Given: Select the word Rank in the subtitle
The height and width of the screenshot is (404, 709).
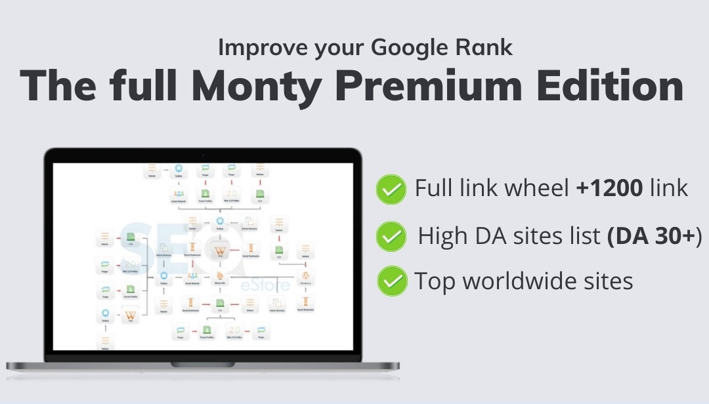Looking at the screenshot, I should [x=488, y=48].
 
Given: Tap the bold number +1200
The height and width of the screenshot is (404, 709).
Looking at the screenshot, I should [x=609, y=189].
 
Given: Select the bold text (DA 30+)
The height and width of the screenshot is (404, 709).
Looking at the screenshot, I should [x=655, y=235].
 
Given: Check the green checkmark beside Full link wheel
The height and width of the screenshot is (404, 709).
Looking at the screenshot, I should [x=391, y=190].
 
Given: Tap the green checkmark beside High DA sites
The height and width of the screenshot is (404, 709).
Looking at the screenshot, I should [x=391, y=236].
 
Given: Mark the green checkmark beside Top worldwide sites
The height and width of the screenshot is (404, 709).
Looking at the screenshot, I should [x=392, y=281].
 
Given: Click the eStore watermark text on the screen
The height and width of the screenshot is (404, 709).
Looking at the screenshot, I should [x=255, y=285].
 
